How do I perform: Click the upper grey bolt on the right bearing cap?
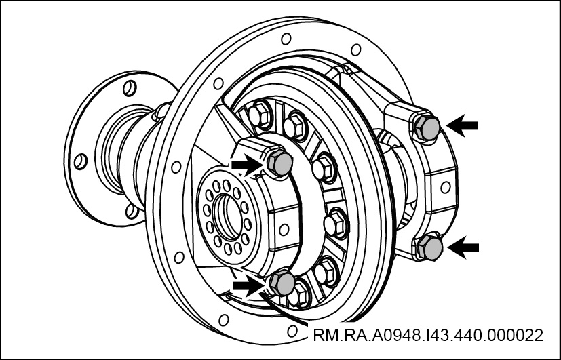click(427, 127)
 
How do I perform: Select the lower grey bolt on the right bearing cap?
click(429, 247)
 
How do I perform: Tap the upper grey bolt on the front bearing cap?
click(279, 163)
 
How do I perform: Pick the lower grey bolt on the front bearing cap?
click(282, 283)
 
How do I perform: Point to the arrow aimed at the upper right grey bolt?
click(461, 125)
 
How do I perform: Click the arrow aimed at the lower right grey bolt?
click(463, 247)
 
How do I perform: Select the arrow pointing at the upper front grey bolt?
click(248, 165)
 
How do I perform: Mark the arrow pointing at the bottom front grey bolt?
click(249, 285)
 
